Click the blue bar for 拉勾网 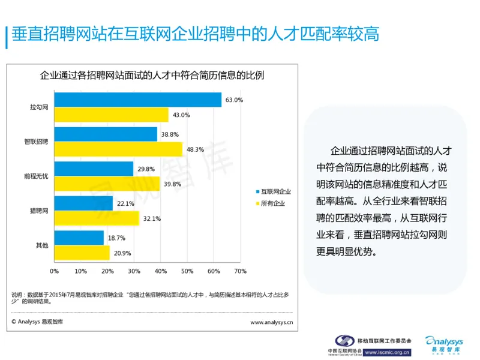point(138,100)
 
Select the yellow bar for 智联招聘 point(118,149)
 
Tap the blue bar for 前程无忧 point(94,169)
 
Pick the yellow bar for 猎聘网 point(97,218)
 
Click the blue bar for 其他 point(79,238)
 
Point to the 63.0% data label point(234,100)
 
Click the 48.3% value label point(195,149)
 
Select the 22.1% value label point(125,204)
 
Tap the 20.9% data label point(122,253)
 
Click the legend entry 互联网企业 point(275,191)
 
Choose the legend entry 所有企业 point(272,204)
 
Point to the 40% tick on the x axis point(160,271)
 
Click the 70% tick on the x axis point(240,271)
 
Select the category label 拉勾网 point(39,107)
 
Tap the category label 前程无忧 point(35,176)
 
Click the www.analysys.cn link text point(271,322)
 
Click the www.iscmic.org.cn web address point(387,352)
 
